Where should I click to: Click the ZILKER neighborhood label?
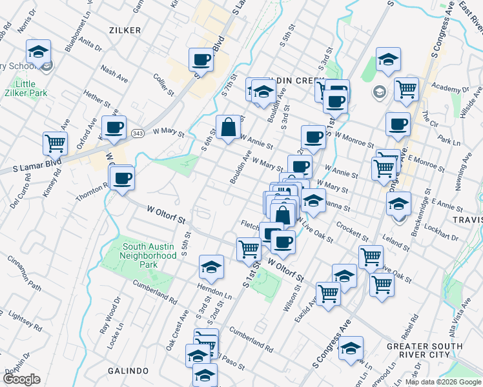coord(125,30)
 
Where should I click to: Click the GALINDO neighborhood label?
coord(129,371)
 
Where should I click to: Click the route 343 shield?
coord(137,132)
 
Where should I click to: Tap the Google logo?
coord(21,379)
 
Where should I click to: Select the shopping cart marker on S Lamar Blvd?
coord(55,143)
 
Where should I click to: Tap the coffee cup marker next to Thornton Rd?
coord(121,178)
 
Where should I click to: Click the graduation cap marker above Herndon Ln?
coord(211,266)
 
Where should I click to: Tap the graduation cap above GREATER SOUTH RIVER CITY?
coord(351,348)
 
